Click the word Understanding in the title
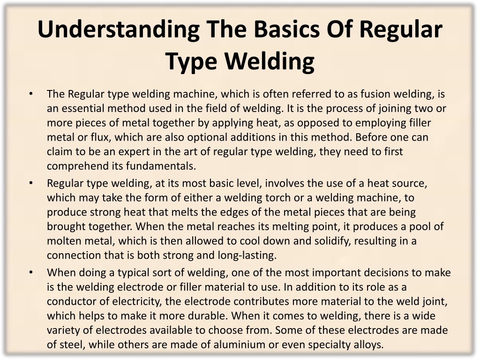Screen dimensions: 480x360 point(119,30)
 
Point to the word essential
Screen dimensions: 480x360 point(81,108)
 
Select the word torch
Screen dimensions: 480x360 point(277,197)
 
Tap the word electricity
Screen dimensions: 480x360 point(136,302)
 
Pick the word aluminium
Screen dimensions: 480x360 point(239,345)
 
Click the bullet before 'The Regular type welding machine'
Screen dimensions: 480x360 point(31,94)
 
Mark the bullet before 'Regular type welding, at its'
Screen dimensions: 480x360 point(31,183)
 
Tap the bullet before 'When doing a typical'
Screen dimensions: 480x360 point(31,273)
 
